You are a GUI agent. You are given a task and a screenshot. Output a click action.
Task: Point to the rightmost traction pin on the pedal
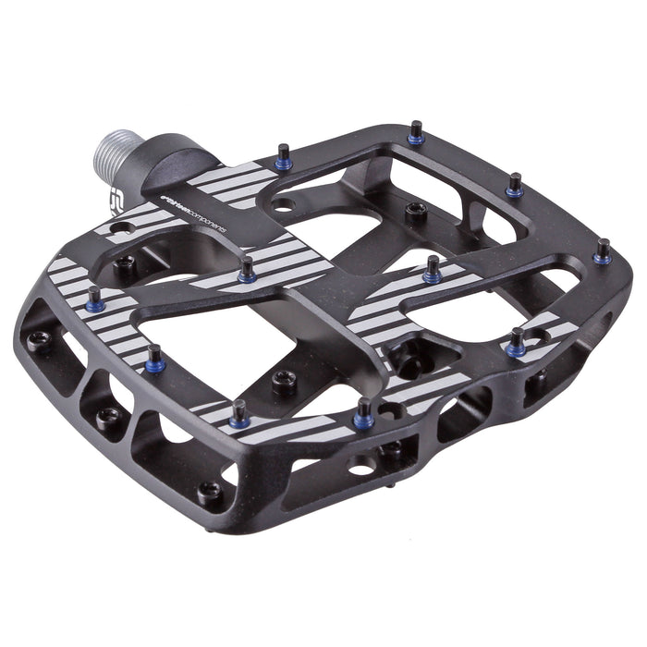coord(603,250)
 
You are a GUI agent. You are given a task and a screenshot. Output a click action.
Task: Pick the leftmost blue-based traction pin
coord(93,298)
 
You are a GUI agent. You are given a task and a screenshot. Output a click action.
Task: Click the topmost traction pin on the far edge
coord(416,132)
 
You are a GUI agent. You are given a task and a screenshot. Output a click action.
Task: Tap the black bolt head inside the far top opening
coord(417,210)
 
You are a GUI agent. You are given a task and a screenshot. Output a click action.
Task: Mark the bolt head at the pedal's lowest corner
coord(210,491)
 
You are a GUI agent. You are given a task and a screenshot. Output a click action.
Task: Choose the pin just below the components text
coord(247,270)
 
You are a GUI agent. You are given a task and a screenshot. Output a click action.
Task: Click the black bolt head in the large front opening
coord(284,380)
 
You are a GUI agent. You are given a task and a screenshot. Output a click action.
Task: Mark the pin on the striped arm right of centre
coord(431,268)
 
